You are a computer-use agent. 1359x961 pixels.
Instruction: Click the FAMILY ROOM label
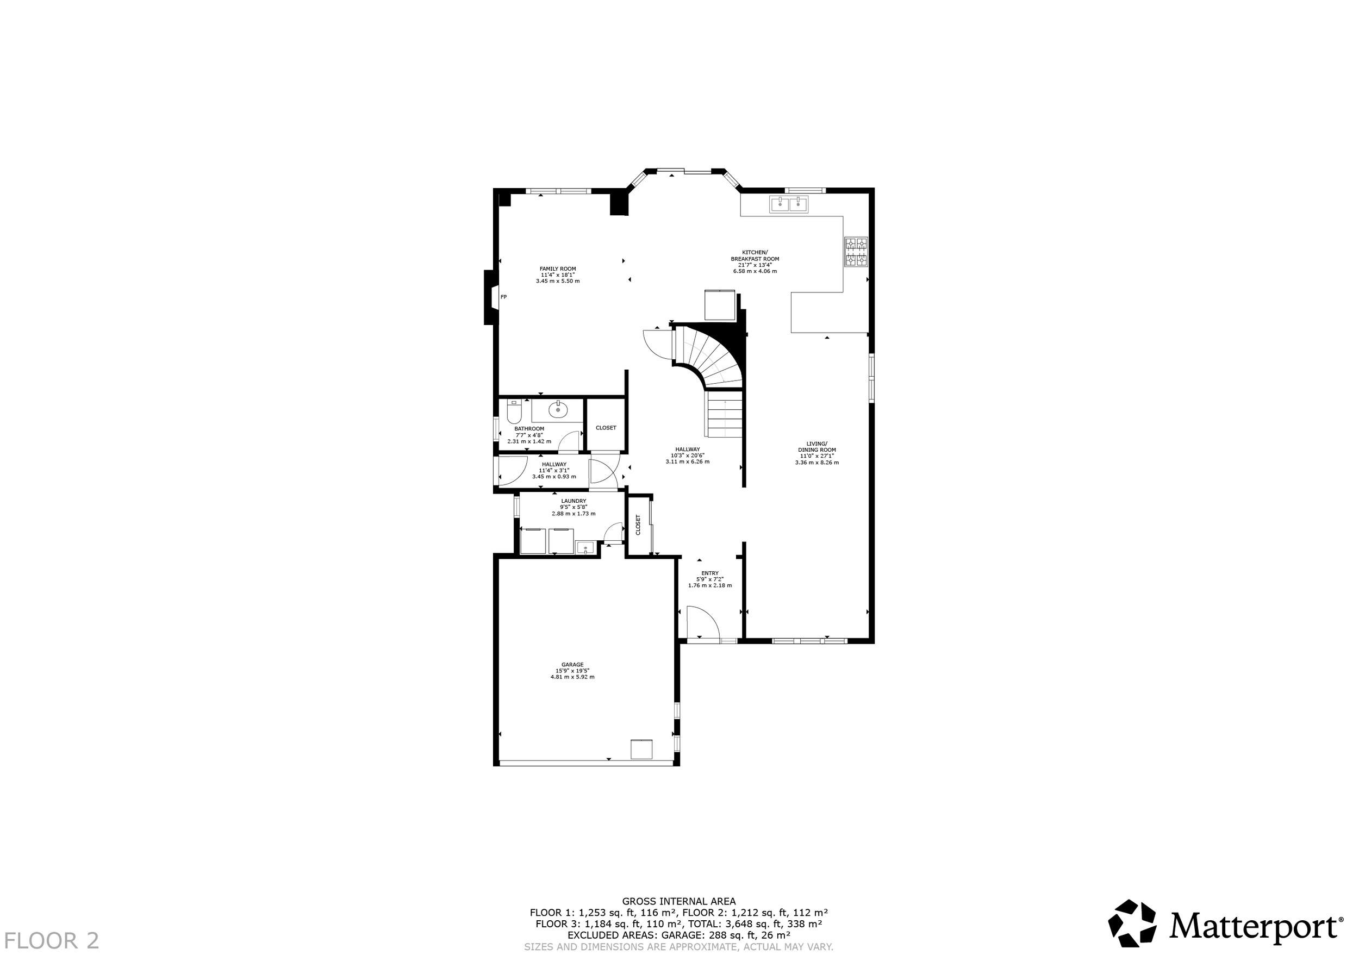click(x=558, y=269)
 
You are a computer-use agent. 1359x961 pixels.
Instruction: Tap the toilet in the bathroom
click(x=514, y=412)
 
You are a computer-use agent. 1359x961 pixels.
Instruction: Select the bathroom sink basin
click(x=558, y=409)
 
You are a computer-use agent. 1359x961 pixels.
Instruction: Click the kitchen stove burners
click(x=856, y=252)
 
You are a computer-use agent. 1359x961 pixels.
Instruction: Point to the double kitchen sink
click(x=789, y=205)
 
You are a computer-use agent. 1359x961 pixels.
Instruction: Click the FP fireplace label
click(x=504, y=297)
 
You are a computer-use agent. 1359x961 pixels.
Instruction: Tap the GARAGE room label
click(x=572, y=665)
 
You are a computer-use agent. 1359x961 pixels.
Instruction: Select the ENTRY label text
click(x=710, y=573)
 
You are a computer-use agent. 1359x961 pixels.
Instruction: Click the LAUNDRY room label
click(x=573, y=501)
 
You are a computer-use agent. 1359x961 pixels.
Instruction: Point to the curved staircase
click(x=710, y=355)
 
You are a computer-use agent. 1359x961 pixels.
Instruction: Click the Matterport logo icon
click(x=1132, y=939)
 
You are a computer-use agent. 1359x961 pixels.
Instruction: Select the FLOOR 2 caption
click(x=52, y=940)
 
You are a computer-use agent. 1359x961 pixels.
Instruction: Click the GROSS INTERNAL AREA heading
click(x=678, y=901)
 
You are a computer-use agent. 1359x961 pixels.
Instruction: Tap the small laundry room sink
click(x=585, y=547)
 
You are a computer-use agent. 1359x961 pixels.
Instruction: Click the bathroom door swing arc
click(x=569, y=441)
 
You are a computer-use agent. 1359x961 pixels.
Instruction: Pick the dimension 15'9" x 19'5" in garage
click(x=572, y=670)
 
